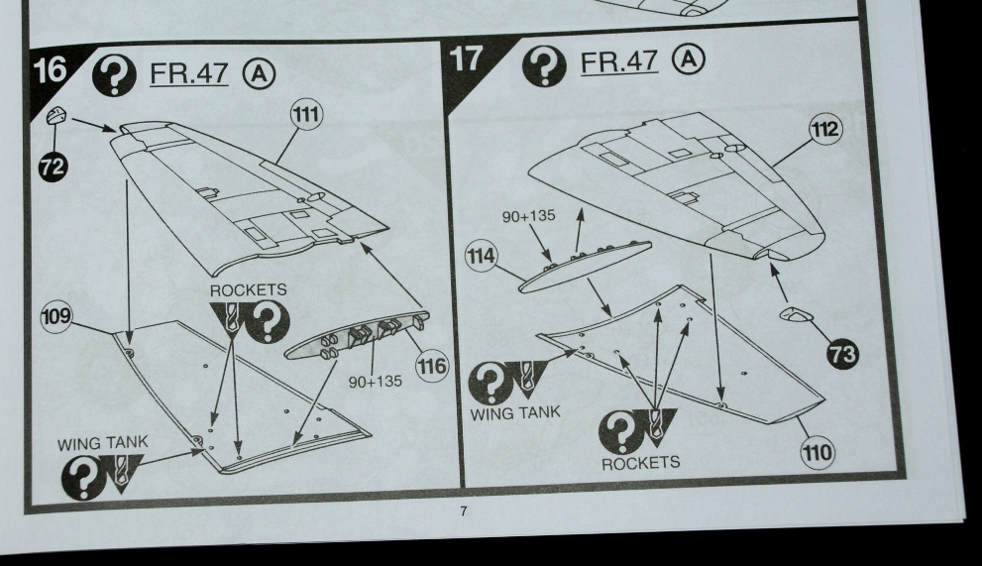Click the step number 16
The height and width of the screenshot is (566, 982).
pyautogui.click(x=50, y=69)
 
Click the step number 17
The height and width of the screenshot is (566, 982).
pyautogui.click(x=466, y=58)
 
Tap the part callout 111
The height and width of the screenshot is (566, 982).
pyautogui.click(x=305, y=115)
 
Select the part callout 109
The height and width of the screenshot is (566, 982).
pyautogui.click(x=56, y=316)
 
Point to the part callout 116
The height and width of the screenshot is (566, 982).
pyautogui.click(x=433, y=366)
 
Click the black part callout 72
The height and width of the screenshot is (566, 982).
pyautogui.click(x=54, y=167)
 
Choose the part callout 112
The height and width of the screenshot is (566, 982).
pyautogui.click(x=824, y=129)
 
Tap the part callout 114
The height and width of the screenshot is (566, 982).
pyautogui.click(x=481, y=256)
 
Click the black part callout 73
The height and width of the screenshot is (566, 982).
pyautogui.click(x=842, y=354)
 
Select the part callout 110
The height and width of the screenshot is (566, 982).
pyautogui.click(x=818, y=452)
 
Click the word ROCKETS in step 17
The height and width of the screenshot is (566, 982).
pyautogui.click(x=640, y=463)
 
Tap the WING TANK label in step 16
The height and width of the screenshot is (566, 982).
pyautogui.click(x=103, y=443)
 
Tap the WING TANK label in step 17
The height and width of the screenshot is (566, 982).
pyautogui.click(x=515, y=413)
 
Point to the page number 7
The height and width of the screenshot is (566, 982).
pyautogui.click(x=464, y=510)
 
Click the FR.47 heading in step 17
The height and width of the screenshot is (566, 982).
pyautogui.click(x=619, y=61)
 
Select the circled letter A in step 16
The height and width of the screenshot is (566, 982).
pyautogui.click(x=259, y=74)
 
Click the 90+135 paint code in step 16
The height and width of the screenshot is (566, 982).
pyautogui.click(x=376, y=381)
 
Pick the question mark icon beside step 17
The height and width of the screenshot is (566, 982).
pyautogui.click(x=544, y=65)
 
